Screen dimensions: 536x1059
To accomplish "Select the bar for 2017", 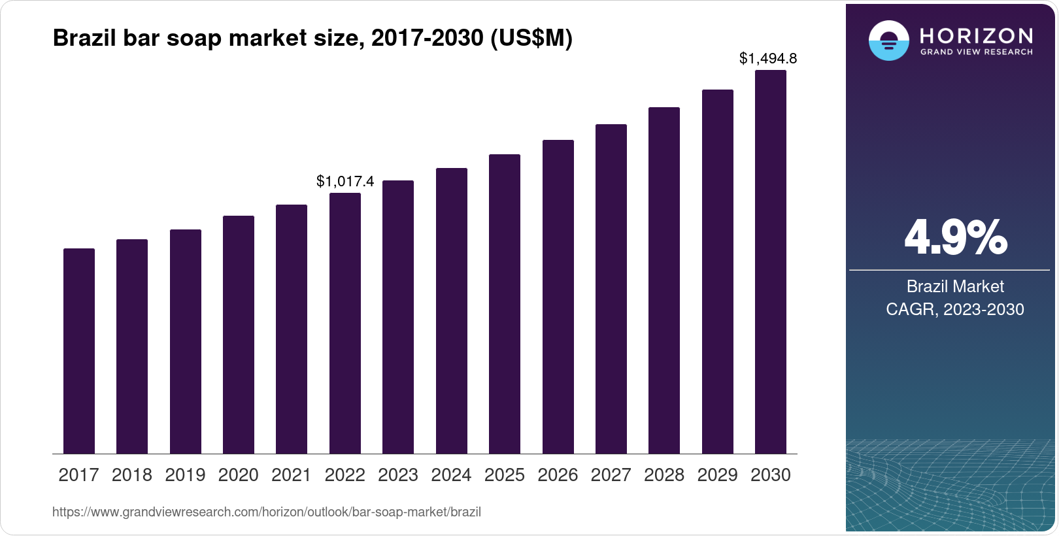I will [x=79, y=351].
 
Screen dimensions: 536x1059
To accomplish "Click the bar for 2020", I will [x=239, y=335].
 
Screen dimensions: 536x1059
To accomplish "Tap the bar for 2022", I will [x=345, y=324].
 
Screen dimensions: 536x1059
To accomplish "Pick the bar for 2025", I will [x=505, y=304].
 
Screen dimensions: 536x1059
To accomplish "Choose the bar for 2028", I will [x=664, y=280].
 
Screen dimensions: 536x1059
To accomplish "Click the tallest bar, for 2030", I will [x=771, y=262].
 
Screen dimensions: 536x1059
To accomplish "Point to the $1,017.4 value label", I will [x=345, y=181].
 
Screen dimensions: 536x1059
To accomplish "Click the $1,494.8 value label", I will [x=768, y=59].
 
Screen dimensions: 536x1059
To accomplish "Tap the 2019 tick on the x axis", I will [x=185, y=475].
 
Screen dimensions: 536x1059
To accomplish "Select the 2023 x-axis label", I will [x=398, y=475].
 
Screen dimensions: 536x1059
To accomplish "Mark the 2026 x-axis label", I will [x=558, y=475].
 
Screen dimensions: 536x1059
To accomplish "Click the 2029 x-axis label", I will [x=717, y=475].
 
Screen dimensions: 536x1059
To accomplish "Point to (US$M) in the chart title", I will [x=531, y=39].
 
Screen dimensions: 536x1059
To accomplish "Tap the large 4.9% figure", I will [x=955, y=238].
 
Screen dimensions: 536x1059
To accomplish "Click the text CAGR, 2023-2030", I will [x=955, y=309].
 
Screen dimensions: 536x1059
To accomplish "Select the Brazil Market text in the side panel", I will [x=955, y=286].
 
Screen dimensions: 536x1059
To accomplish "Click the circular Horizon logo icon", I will [x=888, y=41].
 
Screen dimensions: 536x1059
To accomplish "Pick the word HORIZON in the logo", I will [x=976, y=35].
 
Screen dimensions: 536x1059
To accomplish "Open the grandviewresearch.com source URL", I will [x=267, y=512].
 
